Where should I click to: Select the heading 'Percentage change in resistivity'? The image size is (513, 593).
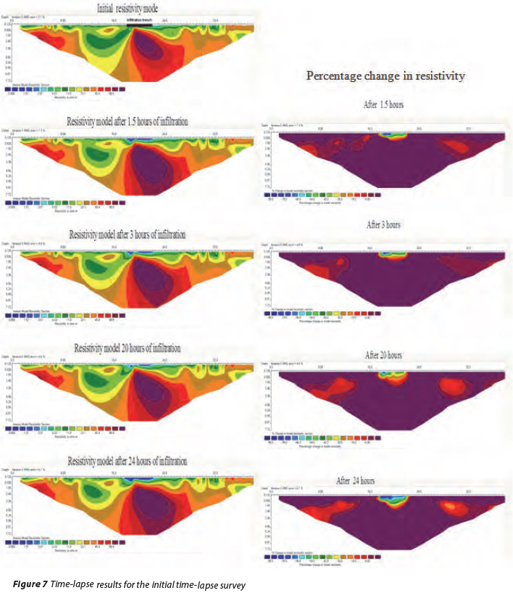pyautogui.click(x=385, y=75)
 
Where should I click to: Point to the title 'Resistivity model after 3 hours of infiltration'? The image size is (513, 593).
pyautogui.click(x=128, y=235)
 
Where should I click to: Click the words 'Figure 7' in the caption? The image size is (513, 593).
pyautogui.click(x=32, y=583)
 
